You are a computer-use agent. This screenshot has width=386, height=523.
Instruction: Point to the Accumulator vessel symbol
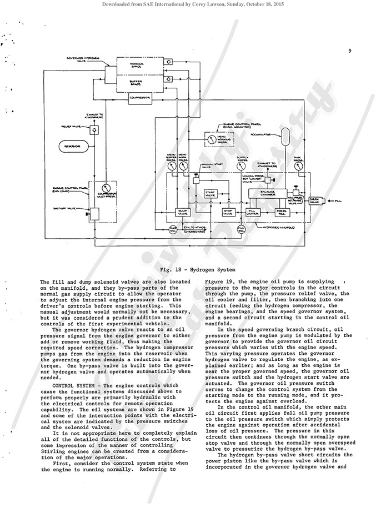(x=286, y=137)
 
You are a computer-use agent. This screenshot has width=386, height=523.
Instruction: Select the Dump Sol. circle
(x=172, y=229)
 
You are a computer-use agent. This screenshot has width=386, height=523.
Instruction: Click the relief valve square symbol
(x=94, y=130)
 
